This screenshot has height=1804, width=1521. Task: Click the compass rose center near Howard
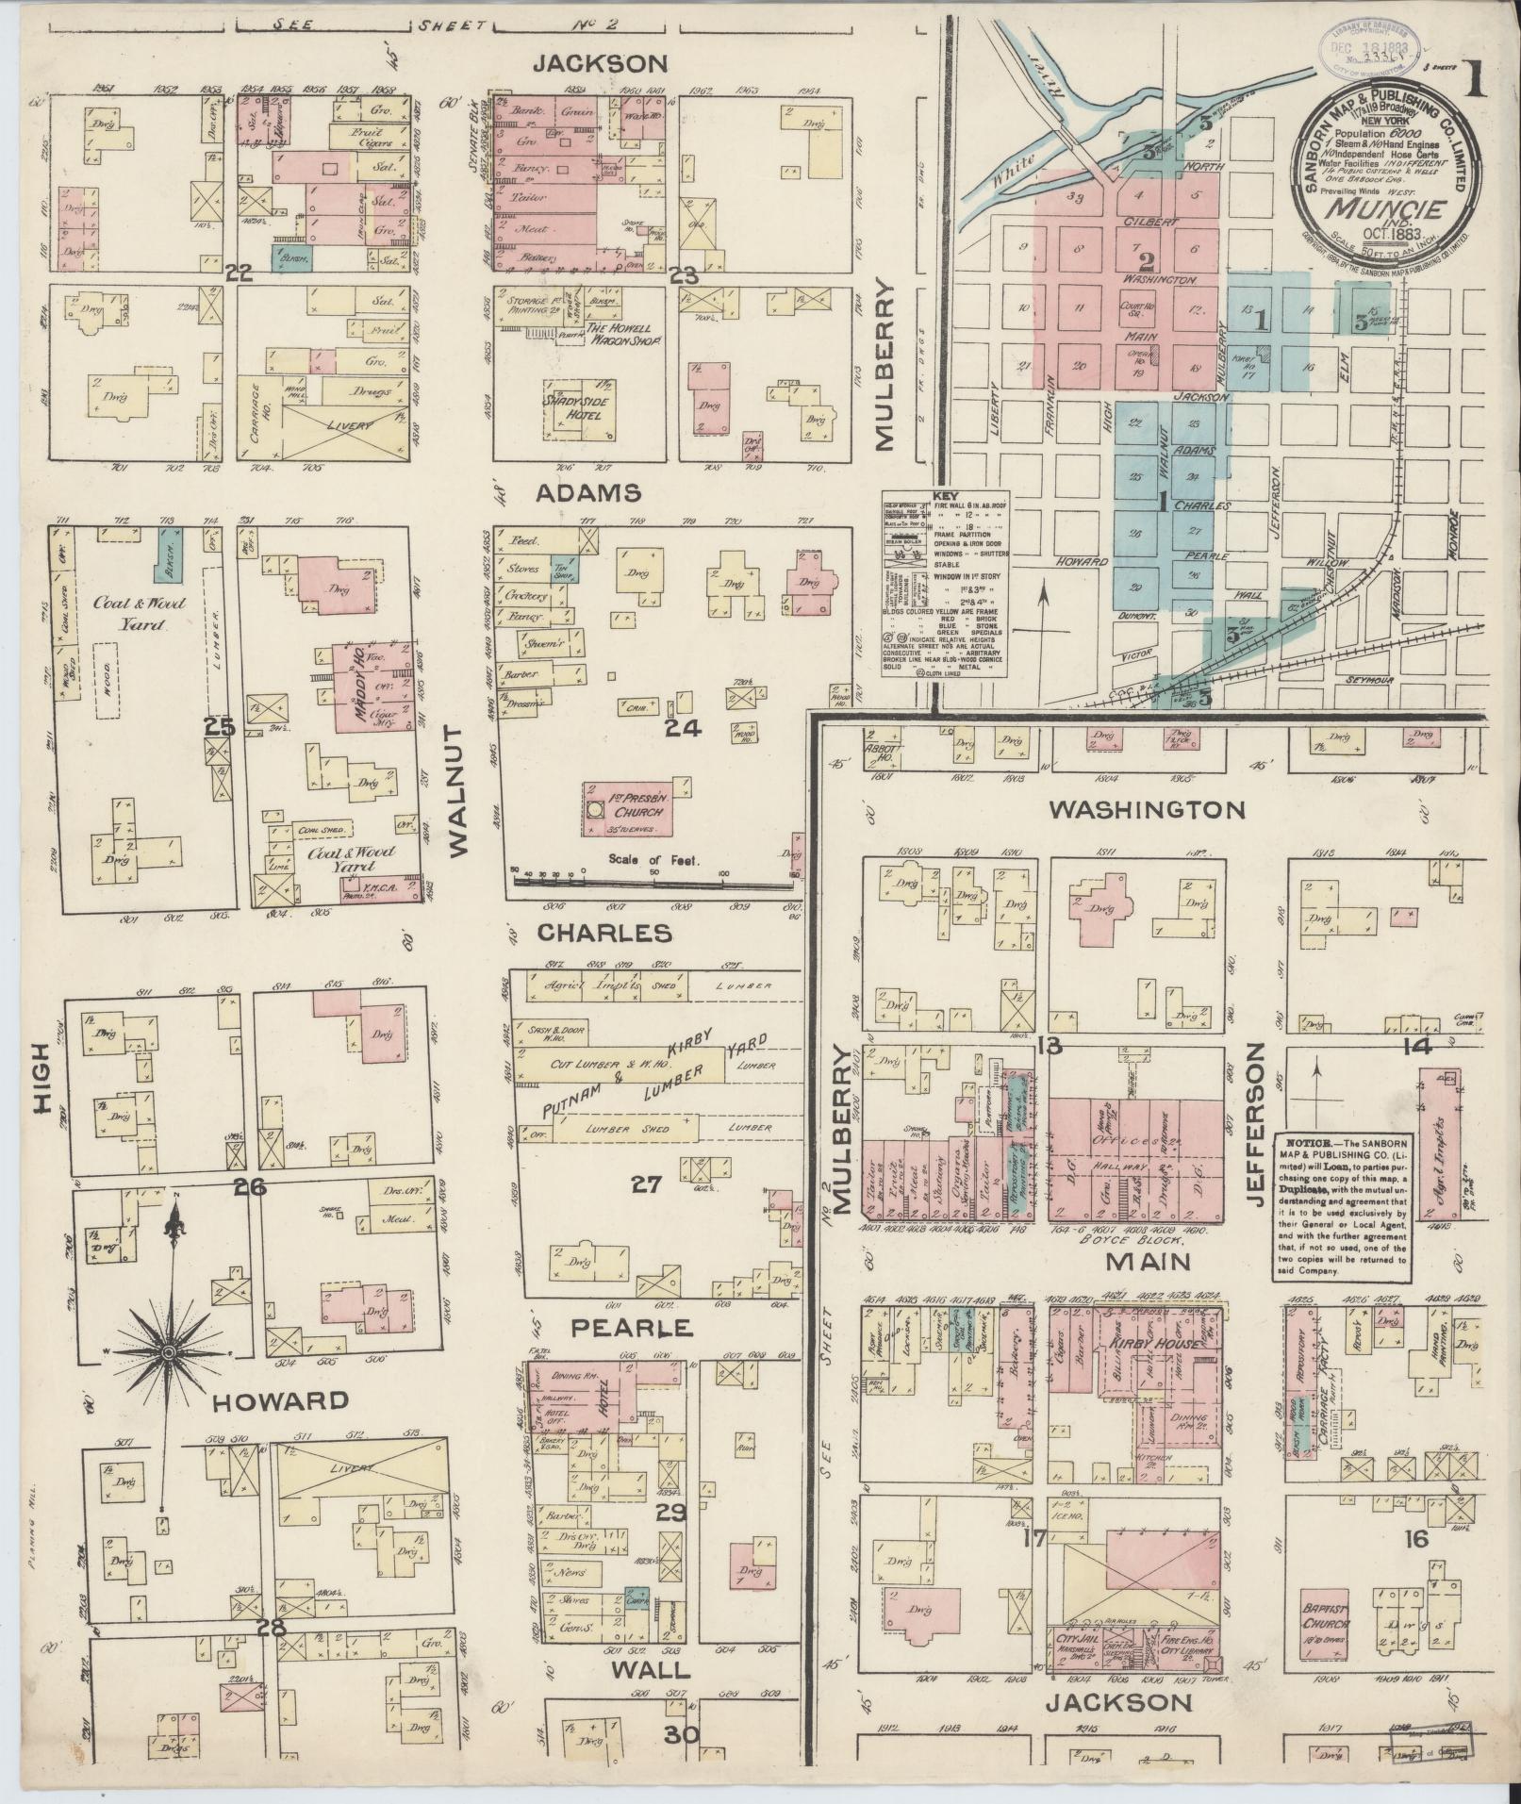pos(168,1354)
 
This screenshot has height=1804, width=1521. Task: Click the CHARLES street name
pos(604,934)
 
